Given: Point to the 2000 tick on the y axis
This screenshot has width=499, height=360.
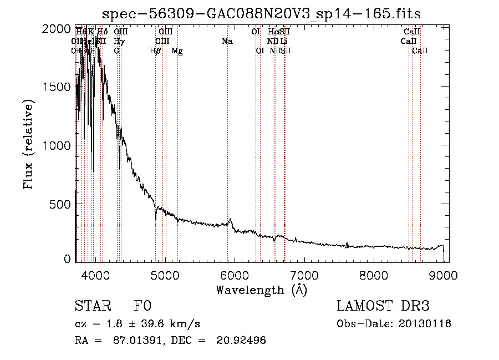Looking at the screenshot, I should click(57, 28).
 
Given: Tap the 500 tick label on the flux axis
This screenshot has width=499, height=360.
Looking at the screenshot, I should click(60, 204).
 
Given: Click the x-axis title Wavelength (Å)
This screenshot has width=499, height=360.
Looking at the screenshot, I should click(261, 290).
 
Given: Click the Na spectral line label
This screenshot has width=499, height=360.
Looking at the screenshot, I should click(227, 41).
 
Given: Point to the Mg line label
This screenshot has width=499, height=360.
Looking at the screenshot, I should click(177, 50).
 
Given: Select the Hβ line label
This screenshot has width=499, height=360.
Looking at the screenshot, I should click(156, 50).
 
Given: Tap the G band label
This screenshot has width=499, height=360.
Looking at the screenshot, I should click(116, 50).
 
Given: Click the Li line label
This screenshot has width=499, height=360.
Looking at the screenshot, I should click(283, 41).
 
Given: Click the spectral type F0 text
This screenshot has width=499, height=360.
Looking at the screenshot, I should click(142, 306).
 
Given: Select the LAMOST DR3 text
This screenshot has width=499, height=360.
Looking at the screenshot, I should click(383, 306).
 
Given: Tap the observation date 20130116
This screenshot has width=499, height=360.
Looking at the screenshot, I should click(425, 324).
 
